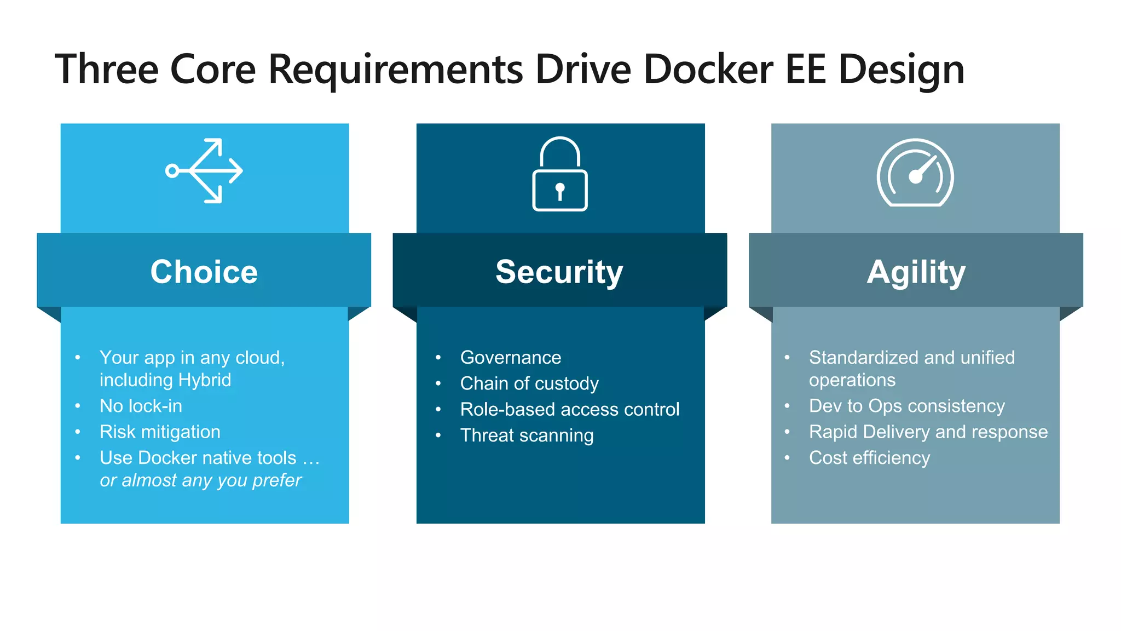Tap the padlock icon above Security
click(x=559, y=174)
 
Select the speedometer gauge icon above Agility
click(x=915, y=173)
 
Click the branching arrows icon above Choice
click(x=204, y=171)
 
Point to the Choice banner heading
click(x=204, y=272)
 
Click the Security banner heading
click(x=559, y=272)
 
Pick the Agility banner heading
click(x=916, y=272)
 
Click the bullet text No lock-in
click(x=141, y=406)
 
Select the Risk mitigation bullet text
click(x=160, y=432)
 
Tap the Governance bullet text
click(x=510, y=358)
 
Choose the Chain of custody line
click(x=529, y=383)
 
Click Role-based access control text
click(x=569, y=409)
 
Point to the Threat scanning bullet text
click(x=527, y=435)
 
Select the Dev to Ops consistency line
click(x=906, y=406)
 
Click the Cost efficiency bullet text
click(x=869, y=458)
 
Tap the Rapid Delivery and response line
click(x=928, y=432)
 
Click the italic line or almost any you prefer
click(x=200, y=480)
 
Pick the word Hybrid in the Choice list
click(x=205, y=380)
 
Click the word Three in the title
click(x=107, y=70)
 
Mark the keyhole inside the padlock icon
click(x=559, y=191)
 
